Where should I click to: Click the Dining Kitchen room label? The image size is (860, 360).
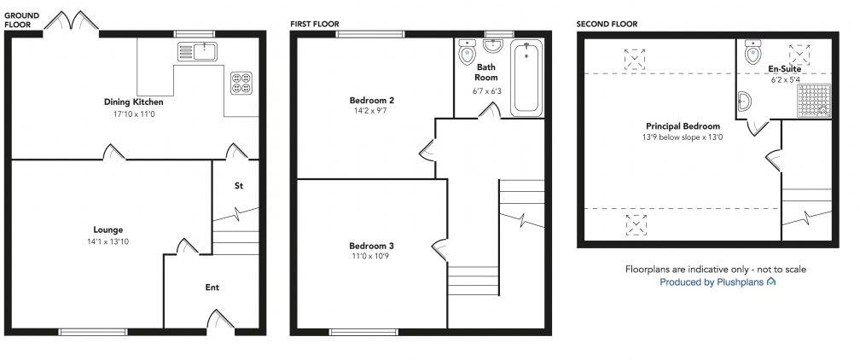(x=127, y=101)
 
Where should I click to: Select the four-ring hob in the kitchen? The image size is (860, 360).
(x=241, y=82)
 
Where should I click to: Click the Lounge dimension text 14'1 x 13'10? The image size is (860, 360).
(x=108, y=241)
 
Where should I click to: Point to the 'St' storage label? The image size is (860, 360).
(x=240, y=185)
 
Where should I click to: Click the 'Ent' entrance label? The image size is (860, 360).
(x=212, y=288)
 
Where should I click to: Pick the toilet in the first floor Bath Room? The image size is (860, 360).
(x=467, y=53)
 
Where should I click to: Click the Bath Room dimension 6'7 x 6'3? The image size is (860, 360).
(x=486, y=91)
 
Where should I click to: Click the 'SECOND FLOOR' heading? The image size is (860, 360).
(x=606, y=24)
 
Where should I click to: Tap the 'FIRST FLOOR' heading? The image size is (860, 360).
(x=314, y=24)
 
